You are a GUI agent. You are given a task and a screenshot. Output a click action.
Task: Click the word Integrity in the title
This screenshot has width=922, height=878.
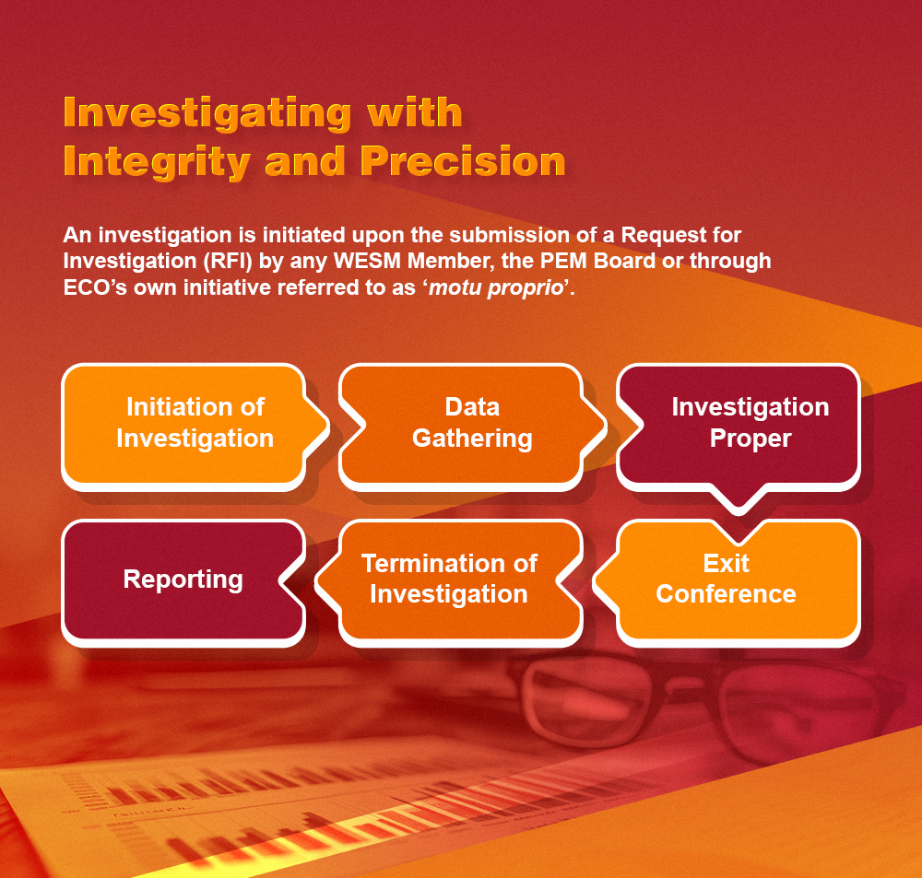pyautogui.click(x=157, y=161)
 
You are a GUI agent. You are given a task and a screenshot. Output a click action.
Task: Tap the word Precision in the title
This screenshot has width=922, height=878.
pyautogui.click(x=463, y=161)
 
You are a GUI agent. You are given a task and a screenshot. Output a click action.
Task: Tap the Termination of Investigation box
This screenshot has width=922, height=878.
pyautogui.click(x=449, y=583)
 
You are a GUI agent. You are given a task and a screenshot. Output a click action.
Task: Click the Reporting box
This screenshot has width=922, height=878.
pyautogui.click(x=183, y=583)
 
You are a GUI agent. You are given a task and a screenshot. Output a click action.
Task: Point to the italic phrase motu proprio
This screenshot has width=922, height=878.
pyautogui.click(x=497, y=287)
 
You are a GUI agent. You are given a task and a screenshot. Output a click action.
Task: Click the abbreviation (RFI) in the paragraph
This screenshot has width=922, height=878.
pyautogui.click(x=228, y=261)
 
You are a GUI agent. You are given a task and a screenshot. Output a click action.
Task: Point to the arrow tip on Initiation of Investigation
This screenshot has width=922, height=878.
pyautogui.click(x=326, y=427)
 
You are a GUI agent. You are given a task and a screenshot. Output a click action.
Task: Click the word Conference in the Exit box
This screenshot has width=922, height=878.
pyautogui.click(x=727, y=594)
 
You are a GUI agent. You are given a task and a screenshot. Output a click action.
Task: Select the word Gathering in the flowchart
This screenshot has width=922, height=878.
pyautogui.click(x=472, y=439)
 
